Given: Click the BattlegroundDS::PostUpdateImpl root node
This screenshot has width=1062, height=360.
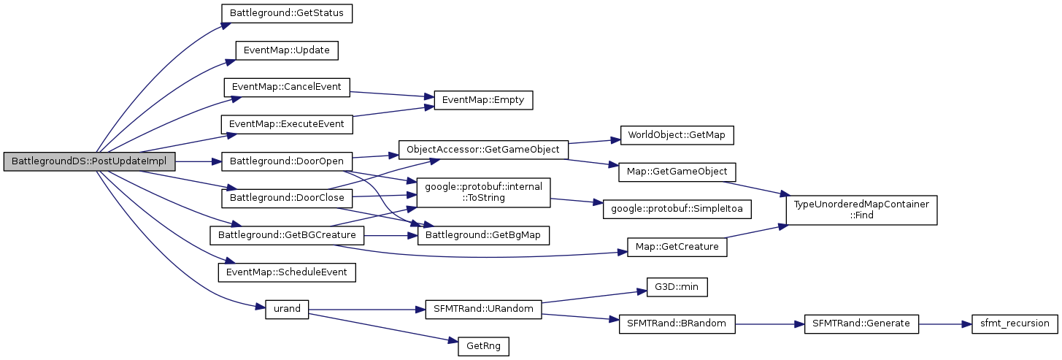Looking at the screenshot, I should (x=89, y=161).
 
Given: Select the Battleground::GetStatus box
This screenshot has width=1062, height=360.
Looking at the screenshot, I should (x=287, y=12).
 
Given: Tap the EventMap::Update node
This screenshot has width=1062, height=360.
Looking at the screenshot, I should (x=287, y=50).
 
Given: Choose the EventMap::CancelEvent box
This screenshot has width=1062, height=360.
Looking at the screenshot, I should (x=287, y=87).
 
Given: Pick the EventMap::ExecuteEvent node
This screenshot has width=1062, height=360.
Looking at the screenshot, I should (x=287, y=124).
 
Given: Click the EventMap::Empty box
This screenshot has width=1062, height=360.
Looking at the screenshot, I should (x=483, y=100).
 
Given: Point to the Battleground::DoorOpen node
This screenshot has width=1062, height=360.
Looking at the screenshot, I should (x=287, y=161).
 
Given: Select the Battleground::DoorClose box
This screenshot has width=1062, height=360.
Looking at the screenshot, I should (x=287, y=198).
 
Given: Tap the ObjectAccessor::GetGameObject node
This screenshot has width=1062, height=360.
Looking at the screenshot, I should (x=483, y=149).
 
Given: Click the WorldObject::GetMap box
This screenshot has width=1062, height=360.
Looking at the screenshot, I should (x=677, y=135).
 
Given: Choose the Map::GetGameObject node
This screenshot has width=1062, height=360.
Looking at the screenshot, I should (x=677, y=172).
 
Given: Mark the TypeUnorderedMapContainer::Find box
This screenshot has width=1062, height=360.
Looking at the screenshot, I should (x=861, y=210).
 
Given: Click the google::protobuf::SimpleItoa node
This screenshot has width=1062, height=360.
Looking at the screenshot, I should (x=677, y=209).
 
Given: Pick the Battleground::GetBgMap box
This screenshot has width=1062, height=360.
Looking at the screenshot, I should (x=483, y=235).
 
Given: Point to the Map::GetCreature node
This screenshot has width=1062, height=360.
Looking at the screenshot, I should (x=677, y=247).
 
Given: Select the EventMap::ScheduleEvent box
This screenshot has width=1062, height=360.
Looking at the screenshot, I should (x=287, y=272).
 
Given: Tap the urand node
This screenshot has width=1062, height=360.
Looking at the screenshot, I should (x=287, y=309).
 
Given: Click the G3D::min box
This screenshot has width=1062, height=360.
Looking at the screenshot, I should (x=677, y=287).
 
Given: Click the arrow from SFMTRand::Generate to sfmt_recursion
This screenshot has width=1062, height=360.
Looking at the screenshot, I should (x=944, y=323).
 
